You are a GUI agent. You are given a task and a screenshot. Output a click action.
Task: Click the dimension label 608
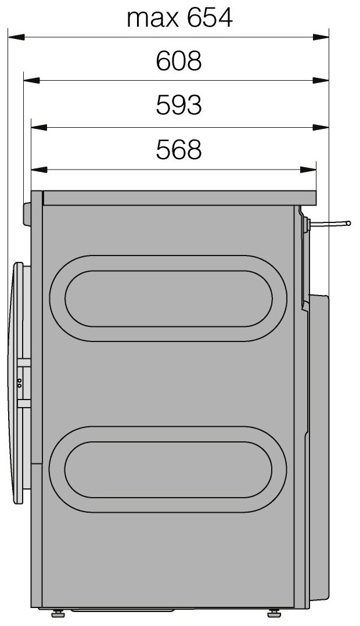point(178,62)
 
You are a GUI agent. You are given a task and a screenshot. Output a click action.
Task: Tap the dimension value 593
point(178,106)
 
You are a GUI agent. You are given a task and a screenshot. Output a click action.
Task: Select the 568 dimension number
point(178,150)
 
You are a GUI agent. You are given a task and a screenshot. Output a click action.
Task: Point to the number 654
point(210,19)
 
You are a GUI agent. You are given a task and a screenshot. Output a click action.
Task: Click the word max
point(153,20)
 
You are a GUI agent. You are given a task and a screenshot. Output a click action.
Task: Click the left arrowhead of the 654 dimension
point(16,37)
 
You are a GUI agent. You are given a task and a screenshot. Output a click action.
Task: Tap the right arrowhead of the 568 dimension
point(308,170)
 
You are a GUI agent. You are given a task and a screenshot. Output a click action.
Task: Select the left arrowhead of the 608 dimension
point(31,81)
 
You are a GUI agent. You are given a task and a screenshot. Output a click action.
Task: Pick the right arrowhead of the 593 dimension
point(321,127)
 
